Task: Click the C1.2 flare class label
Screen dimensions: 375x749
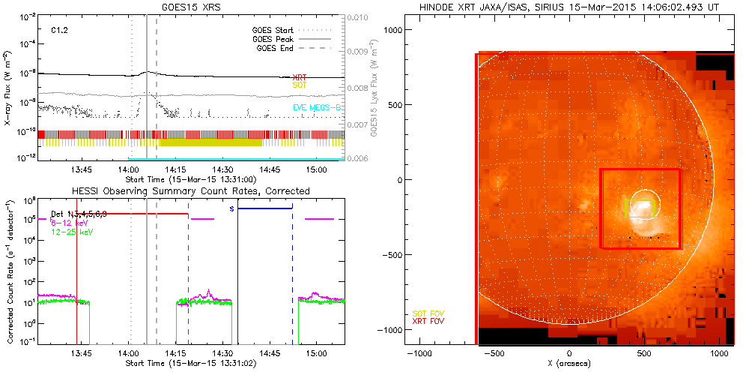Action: [61, 31]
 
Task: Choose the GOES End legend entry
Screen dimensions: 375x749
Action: [276, 48]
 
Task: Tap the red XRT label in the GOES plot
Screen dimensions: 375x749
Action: [299, 77]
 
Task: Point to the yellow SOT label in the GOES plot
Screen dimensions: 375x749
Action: [299, 85]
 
